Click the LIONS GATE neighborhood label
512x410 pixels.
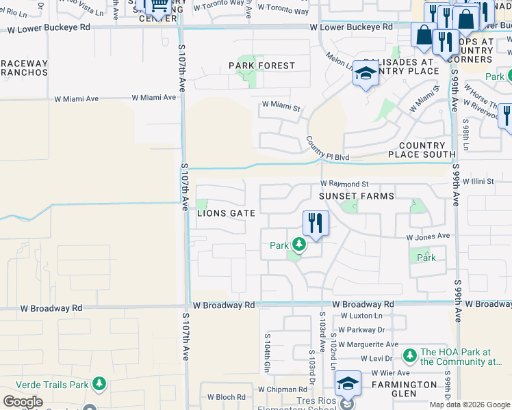(x=227, y=213)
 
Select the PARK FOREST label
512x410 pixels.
(x=261, y=66)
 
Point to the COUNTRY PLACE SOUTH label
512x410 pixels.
(x=417, y=150)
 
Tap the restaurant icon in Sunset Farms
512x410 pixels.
(x=316, y=223)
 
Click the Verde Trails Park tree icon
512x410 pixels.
(x=99, y=384)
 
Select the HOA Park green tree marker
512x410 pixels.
(x=409, y=355)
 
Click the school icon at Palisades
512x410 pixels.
(x=366, y=74)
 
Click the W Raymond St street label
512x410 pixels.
(x=345, y=184)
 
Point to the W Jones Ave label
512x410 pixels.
(x=428, y=236)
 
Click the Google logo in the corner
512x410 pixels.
(x=23, y=402)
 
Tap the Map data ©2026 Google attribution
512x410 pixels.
(x=469, y=405)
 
